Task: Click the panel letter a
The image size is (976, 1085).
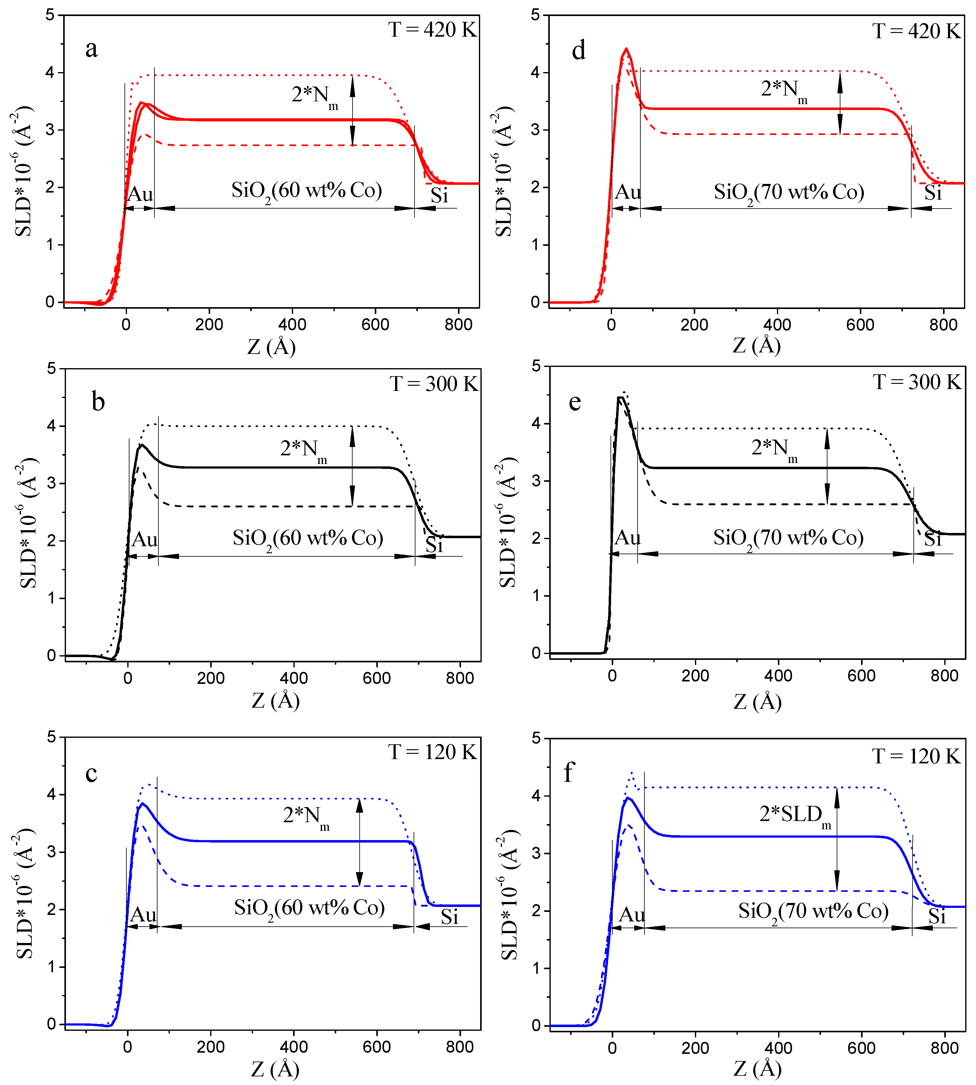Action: (92, 49)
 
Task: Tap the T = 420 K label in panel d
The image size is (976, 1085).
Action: (916, 31)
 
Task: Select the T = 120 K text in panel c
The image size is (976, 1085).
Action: (432, 752)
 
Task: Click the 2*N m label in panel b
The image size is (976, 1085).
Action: (304, 449)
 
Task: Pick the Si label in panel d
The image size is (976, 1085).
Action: (933, 193)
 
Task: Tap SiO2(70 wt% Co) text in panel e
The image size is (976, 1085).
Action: (788, 538)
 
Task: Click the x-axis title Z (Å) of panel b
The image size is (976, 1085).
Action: (276, 700)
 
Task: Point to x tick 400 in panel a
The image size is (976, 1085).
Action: (292, 324)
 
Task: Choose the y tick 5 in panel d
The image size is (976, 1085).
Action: (535, 15)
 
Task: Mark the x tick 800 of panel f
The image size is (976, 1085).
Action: (944, 1047)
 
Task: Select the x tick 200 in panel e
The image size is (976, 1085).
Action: (695, 676)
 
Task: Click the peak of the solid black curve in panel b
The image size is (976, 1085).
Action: (141, 445)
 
